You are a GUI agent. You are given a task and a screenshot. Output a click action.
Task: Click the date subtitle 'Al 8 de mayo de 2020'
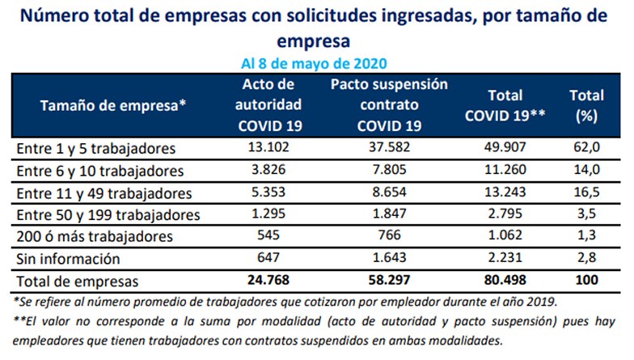315,63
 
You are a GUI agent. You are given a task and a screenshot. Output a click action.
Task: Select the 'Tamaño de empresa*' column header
113,105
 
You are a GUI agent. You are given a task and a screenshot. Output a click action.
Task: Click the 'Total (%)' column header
586,105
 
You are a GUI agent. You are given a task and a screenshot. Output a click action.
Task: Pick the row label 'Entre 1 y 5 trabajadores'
95,149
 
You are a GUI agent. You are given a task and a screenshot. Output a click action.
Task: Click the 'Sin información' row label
69,259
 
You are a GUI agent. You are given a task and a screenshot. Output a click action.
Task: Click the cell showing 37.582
390,148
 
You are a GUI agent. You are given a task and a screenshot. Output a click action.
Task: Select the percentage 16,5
586,193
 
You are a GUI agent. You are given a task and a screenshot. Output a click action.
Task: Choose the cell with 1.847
390,214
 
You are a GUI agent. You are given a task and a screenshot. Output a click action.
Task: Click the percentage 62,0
586,148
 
